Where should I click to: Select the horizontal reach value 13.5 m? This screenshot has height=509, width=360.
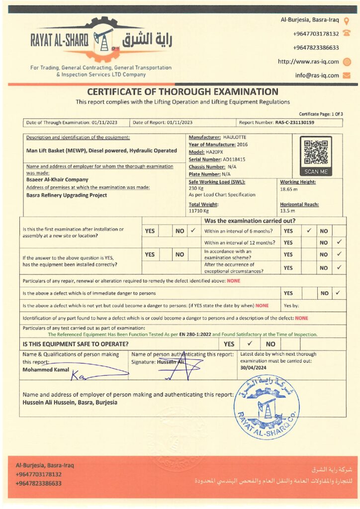(x=287, y=211)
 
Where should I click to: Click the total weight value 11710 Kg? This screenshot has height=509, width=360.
(x=199, y=211)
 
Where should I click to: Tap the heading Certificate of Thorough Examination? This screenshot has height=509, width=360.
(x=182, y=91)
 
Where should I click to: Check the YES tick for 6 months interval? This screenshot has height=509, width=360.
(x=309, y=231)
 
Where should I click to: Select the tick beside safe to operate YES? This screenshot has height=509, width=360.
(x=251, y=343)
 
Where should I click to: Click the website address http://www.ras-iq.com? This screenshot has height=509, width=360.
(x=308, y=62)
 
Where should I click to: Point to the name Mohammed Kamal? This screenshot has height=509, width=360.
(x=45, y=370)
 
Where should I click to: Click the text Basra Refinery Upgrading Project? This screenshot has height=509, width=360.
(x=66, y=195)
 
